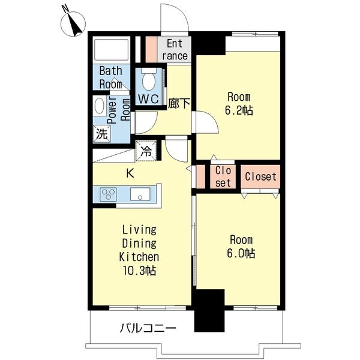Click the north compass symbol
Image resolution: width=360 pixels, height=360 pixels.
tap(73, 24)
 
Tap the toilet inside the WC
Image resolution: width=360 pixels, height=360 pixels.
tap(149, 79)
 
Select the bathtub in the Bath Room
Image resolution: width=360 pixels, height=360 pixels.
tap(112, 50)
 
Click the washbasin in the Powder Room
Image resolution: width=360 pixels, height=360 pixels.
tap(100, 106)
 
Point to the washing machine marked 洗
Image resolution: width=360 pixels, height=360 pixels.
tap(102, 134)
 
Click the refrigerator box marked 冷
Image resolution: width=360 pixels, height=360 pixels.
tap(146, 151)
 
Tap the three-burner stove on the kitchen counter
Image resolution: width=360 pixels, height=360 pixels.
tap(108, 194)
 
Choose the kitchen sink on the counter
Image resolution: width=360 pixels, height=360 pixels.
tap(140, 194)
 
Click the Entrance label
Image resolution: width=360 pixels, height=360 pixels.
tap(175, 50)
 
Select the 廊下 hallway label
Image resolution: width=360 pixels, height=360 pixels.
tap(179, 103)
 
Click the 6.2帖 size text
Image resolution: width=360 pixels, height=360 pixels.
tap(239, 110)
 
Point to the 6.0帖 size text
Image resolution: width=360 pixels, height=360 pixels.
tap(241, 253)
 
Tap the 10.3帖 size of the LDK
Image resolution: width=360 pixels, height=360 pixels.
tap(140, 271)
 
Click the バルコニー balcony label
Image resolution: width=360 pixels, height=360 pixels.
tap(148, 328)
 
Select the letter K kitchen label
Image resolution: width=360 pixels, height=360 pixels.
tap(130, 173)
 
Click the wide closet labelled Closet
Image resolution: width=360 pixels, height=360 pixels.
tap(260, 177)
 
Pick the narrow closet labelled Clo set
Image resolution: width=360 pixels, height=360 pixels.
tap(223, 177)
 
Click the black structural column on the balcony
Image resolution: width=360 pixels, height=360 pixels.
tap(209, 310)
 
